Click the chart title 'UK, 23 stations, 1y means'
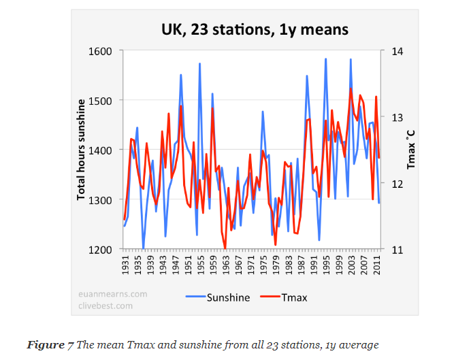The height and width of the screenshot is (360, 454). (x=255, y=29)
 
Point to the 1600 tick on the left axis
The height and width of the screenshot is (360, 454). (x=102, y=51)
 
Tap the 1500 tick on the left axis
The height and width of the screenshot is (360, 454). (x=102, y=101)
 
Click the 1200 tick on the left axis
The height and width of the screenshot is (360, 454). (x=102, y=250)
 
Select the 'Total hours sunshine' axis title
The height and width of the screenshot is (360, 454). (x=81, y=150)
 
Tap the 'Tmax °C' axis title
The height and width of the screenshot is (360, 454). (x=410, y=150)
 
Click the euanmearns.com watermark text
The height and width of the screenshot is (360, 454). (x=112, y=294)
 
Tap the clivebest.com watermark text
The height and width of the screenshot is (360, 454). (x=105, y=306)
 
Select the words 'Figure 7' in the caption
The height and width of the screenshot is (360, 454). (x=51, y=344)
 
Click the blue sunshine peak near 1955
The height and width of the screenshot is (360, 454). (x=199, y=64)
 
